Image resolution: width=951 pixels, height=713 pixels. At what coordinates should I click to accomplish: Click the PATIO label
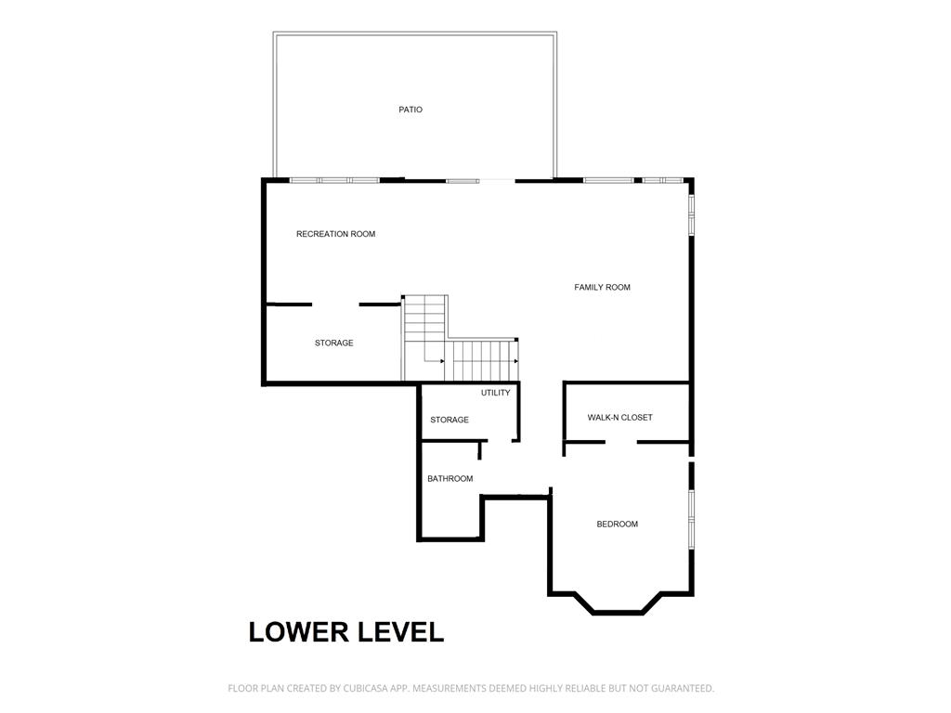[x=410, y=110]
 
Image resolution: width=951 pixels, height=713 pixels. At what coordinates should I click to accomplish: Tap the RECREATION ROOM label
[x=335, y=234]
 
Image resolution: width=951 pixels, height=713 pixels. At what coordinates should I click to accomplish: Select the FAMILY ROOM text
[x=602, y=288]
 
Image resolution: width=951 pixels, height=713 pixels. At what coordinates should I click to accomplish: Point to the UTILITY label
[x=496, y=393]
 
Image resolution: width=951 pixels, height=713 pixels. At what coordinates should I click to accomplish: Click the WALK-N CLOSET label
[x=619, y=418]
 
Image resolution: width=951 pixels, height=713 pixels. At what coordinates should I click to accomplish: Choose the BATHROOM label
[x=450, y=479]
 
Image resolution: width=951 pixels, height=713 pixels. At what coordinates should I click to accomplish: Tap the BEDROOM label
[x=618, y=525]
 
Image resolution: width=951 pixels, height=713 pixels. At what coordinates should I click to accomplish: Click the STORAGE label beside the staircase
[x=333, y=344]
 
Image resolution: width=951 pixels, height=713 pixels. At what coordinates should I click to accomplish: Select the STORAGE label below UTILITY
[x=449, y=420]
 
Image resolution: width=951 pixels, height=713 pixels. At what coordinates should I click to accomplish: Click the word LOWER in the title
[x=299, y=631]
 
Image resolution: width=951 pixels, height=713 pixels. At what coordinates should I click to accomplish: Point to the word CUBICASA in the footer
[x=368, y=688]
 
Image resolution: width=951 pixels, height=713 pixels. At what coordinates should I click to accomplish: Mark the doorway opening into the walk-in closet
[x=621, y=442]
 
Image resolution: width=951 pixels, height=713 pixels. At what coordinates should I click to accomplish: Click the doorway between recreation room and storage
[x=335, y=305]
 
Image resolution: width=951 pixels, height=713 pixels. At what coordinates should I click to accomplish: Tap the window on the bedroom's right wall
[x=691, y=520]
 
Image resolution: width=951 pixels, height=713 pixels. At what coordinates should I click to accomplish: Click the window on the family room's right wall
[x=691, y=214]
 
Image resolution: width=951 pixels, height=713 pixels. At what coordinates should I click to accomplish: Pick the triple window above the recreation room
[x=334, y=180]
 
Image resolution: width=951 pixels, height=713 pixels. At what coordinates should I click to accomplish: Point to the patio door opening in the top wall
[x=498, y=180]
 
